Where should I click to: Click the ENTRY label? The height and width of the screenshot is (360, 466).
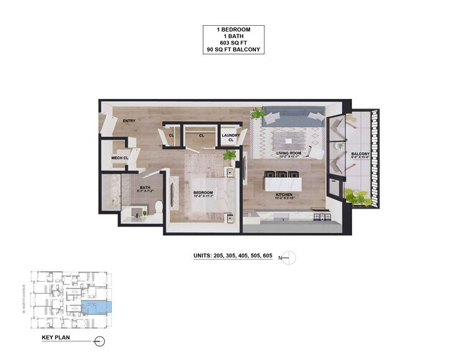click(130, 121)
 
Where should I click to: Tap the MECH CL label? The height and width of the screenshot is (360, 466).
click(120, 158)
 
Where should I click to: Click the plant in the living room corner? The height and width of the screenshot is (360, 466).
click(257, 113)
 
